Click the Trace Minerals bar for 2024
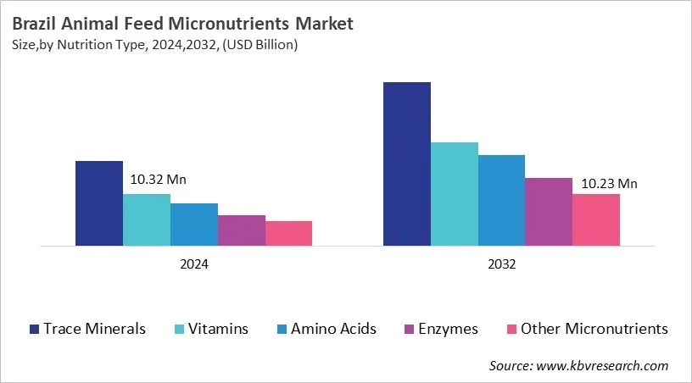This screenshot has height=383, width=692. pyautogui.click(x=99, y=203)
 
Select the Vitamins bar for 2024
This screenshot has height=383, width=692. pyautogui.click(x=147, y=219)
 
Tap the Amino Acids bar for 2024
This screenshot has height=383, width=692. pyautogui.click(x=194, y=225)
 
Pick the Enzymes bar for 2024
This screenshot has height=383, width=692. pyautogui.click(x=242, y=230)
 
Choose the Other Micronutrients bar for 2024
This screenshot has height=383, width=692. pyautogui.click(x=288, y=234)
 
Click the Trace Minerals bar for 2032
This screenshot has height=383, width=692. pyautogui.click(x=407, y=164)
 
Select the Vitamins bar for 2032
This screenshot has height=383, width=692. pyautogui.click(x=455, y=194)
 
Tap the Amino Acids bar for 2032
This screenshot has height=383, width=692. pyautogui.click(x=501, y=201)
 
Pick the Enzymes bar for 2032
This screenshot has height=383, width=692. pyautogui.click(x=549, y=212)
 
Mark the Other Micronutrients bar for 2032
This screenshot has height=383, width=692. pyautogui.click(x=596, y=220)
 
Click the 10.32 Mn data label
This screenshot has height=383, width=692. pyautogui.click(x=158, y=180)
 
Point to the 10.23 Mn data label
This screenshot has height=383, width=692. pyautogui.click(x=609, y=183)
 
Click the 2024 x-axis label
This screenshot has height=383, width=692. pyautogui.click(x=194, y=264)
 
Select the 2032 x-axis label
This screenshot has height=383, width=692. pyautogui.click(x=501, y=264)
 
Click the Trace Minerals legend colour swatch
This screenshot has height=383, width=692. pyautogui.click(x=34, y=329)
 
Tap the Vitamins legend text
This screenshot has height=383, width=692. pyautogui.click(x=218, y=329)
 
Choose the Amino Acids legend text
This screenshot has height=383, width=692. pyautogui.click(x=333, y=329)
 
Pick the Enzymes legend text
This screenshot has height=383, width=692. pyautogui.click(x=449, y=329)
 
